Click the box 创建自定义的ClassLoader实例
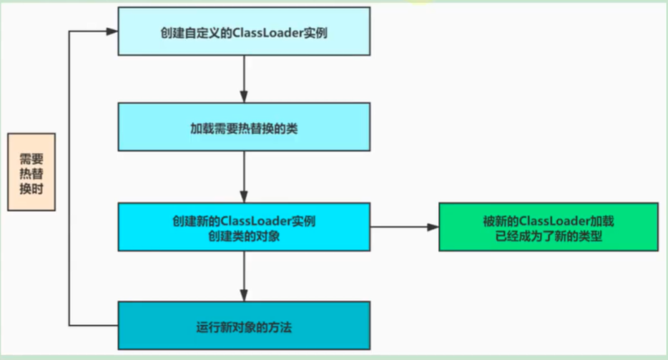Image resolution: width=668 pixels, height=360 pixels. click(x=244, y=31)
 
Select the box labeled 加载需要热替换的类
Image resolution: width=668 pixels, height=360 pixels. click(x=244, y=127)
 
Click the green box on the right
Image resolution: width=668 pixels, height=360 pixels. click(x=548, y=227)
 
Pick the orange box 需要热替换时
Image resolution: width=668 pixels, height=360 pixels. click(x=31, y=172)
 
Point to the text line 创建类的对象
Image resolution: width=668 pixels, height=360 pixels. click(x=244, y=235)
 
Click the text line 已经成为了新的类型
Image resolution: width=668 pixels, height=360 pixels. click(x=548, y=235)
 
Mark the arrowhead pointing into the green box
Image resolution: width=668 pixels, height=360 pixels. click(x=433, y=227)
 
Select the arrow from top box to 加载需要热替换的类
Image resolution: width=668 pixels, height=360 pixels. click(x=244, y=79)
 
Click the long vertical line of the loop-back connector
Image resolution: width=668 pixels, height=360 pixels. click(x=69, y=179)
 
